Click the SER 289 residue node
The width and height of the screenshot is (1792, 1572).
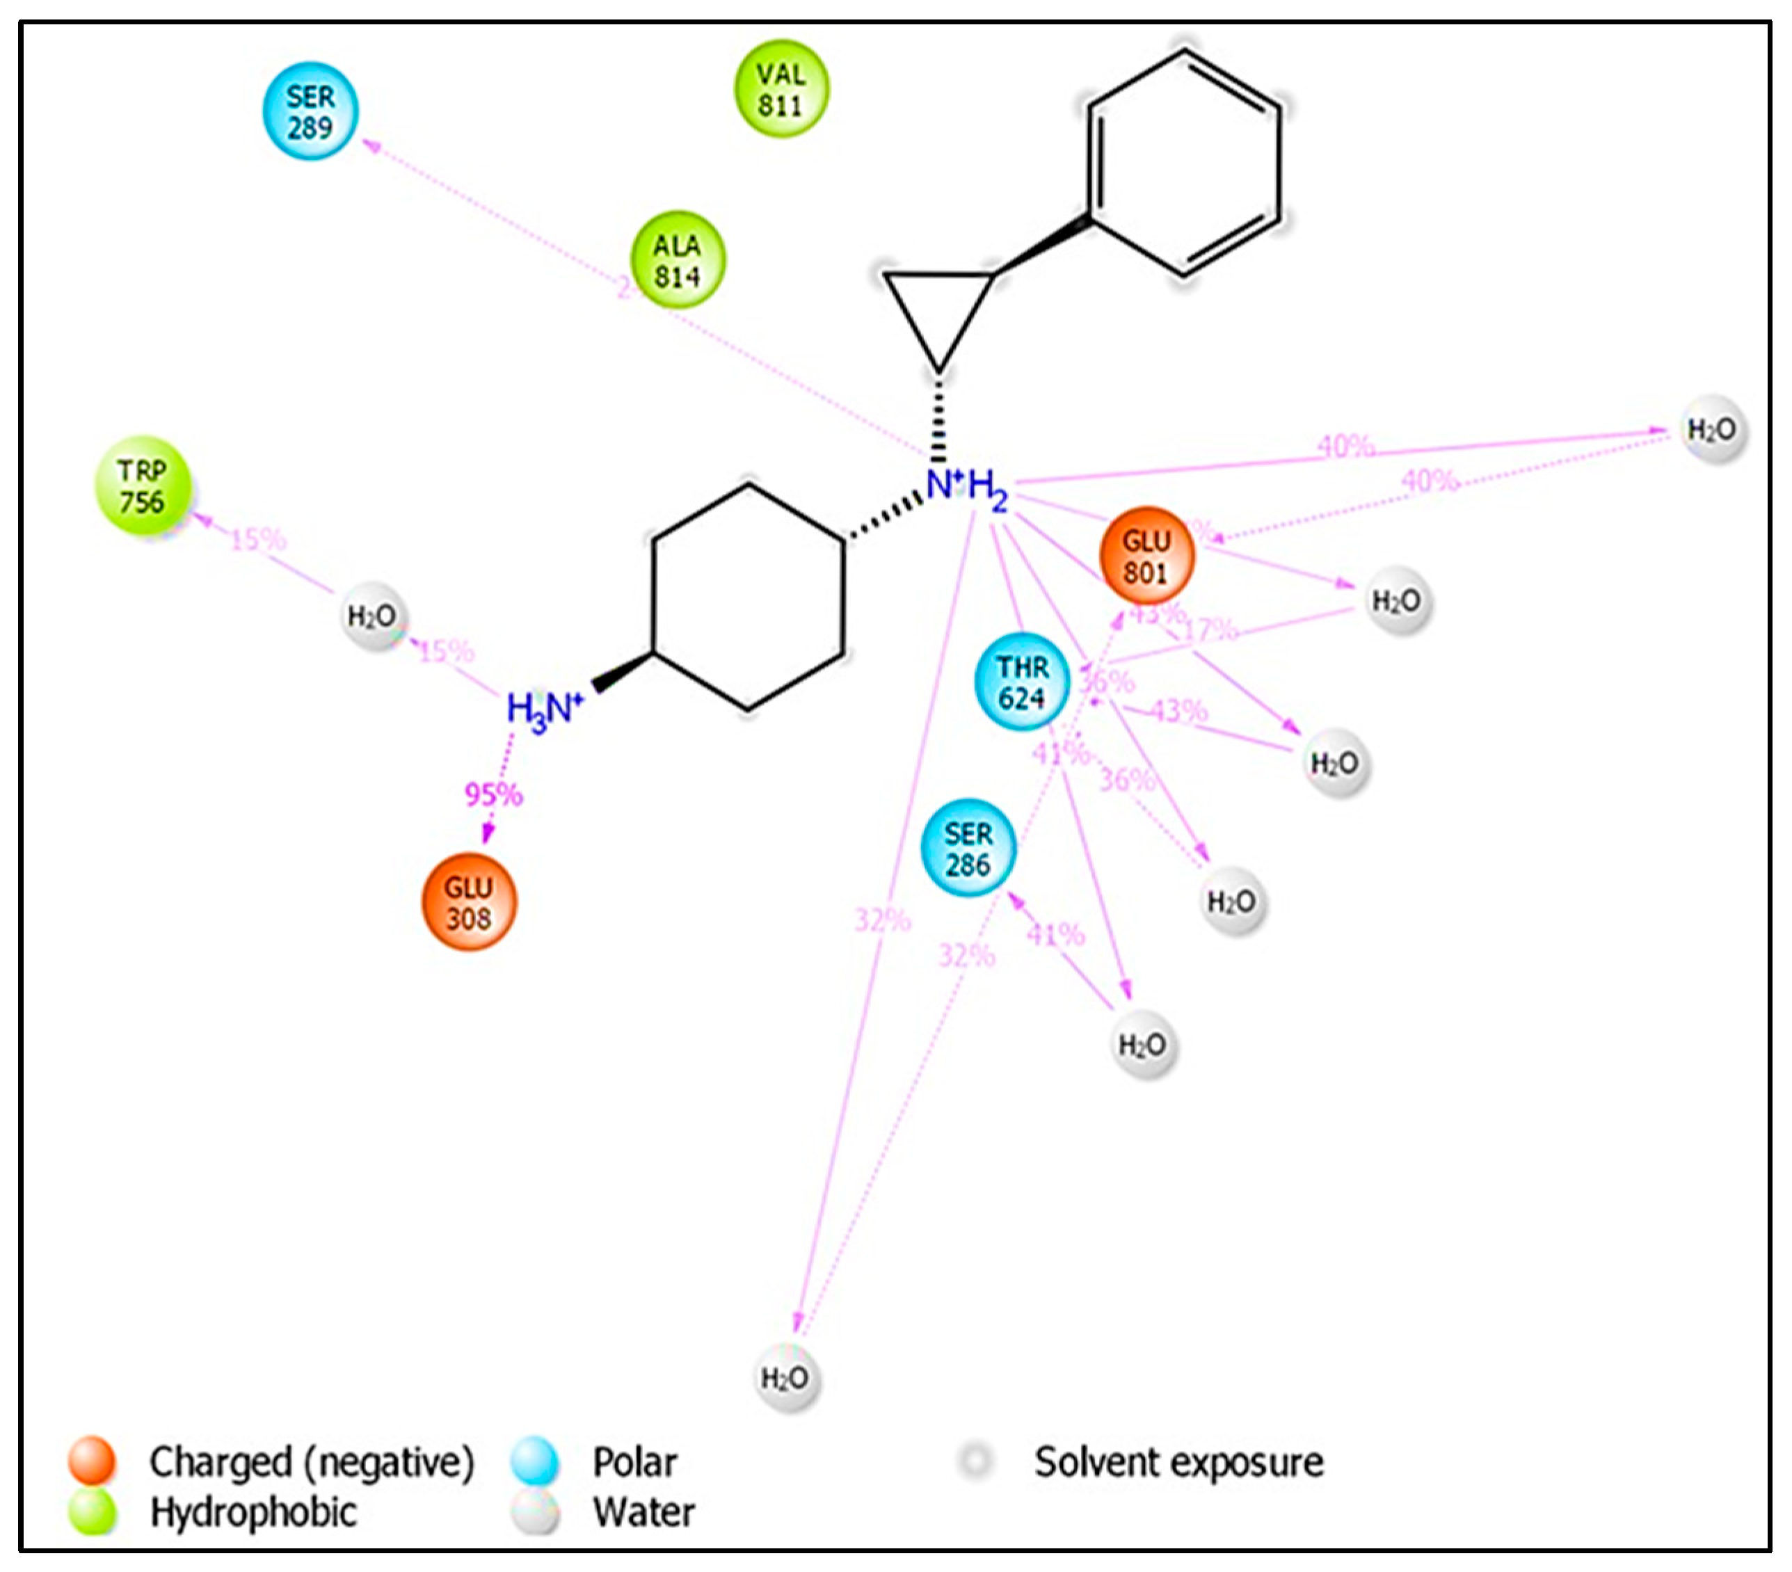point(310,111)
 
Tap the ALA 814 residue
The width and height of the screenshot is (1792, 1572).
point(678,259)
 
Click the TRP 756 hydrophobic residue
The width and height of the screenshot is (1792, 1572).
point(143,486)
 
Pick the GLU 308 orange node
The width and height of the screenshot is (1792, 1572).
point(469,902)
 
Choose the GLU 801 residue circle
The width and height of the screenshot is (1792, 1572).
point(1146,556)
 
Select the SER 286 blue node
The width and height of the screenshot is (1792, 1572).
point(968,848)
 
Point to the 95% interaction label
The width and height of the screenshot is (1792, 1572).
point(493,794)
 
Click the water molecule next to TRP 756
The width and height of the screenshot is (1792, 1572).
point(374,616)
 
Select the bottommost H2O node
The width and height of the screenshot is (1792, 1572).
point(786,1378)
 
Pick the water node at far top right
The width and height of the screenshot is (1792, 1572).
point(1712,430)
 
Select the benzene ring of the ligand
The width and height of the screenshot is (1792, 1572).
point(1183,162)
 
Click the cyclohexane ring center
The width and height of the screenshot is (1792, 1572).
point(748,596)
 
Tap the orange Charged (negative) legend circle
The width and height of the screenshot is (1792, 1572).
point(92,1461)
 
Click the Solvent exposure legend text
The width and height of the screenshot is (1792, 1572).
point(1178,1461)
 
